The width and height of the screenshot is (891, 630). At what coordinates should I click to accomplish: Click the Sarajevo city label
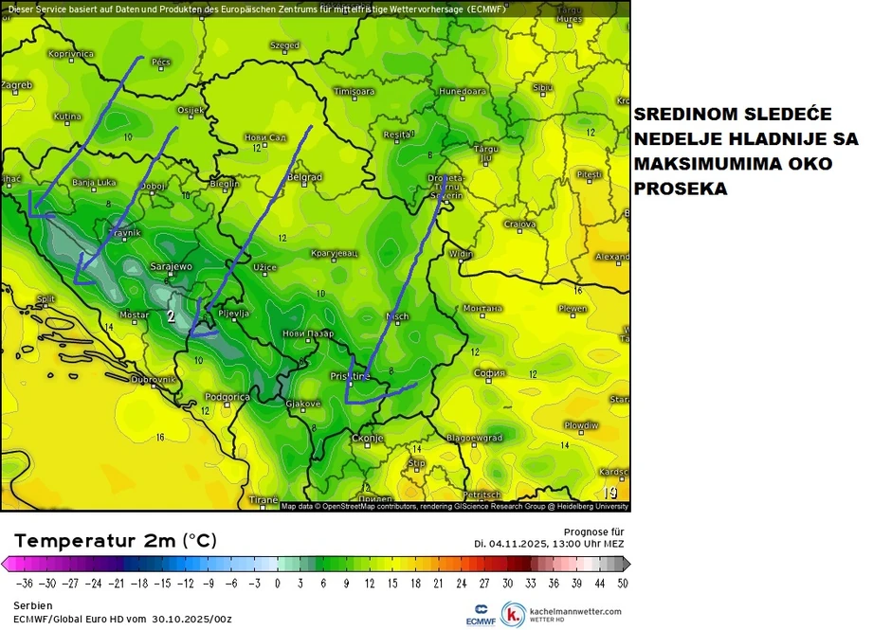[171, 267]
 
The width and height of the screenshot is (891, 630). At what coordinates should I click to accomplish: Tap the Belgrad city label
[304, 177]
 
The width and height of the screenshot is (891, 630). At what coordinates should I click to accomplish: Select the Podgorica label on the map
[227, 397]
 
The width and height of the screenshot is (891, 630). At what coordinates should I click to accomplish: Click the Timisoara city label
[355, 91]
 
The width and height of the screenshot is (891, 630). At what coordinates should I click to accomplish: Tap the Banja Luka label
[94, 182]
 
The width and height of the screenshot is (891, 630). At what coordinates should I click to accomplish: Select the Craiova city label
[519, 225]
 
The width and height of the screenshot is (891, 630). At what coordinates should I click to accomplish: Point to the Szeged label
[284, 45]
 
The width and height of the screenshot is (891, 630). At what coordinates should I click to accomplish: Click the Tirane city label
[263, 499]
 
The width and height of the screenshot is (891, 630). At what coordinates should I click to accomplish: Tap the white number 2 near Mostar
[171, 316]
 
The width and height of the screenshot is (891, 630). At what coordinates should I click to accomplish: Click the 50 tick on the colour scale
[622, 584]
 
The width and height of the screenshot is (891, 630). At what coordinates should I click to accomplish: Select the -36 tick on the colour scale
[23, 584]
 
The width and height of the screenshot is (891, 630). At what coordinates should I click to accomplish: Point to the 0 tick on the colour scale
[277, 584]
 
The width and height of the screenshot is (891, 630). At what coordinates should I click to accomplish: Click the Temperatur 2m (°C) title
[115, 541]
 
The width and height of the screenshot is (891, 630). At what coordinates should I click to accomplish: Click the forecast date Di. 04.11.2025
[526, 543]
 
